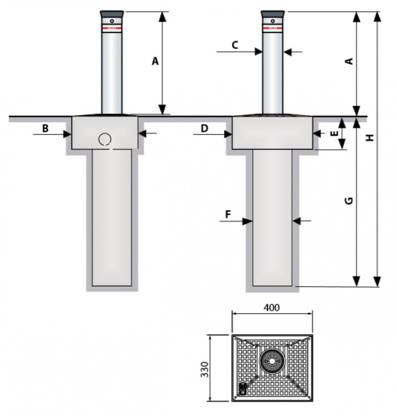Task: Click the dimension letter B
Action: pyautogui.click(x=45, y=128)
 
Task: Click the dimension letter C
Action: pyautogui.click(x=234, y=45)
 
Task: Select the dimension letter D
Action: pyautogui.click(x=204, y=128)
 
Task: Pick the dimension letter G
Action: pyautogui.click(x=349, y=201)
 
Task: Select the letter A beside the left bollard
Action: pyautogui.click(x=155, y=61)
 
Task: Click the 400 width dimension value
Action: pyautogui.click(x=271, y=308)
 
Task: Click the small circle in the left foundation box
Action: pyautogui.click(x=106, y=139)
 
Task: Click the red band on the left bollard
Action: pyautogui.click(x=112, y=27)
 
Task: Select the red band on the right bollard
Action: pyautogui.click(x=272, y=27)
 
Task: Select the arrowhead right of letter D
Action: pyautogui.click(x=228, y=134)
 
